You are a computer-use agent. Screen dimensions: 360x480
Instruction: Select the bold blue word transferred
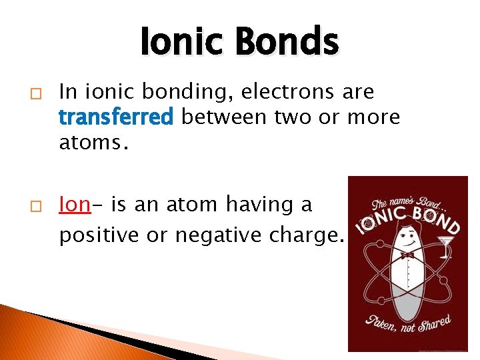coord(116,117)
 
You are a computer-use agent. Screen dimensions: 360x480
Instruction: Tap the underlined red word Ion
coord(73,204)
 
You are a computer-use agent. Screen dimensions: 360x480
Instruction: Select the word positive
coord(99,235)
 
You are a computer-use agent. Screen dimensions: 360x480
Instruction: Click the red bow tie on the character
coord(407,254)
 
